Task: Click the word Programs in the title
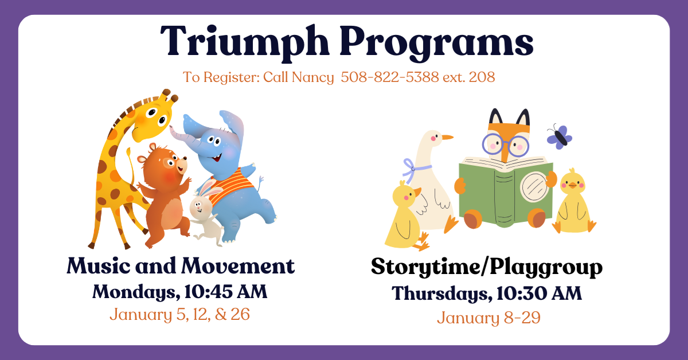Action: coord(436,43)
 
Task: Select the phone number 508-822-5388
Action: coord(390,77)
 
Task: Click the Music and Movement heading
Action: coord(181,265)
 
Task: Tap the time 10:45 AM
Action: coord(226,292)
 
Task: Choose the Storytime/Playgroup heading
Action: coord(487,267)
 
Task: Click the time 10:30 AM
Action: coord(539,293)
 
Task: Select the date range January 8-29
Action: coord(488,318)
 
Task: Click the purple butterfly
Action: coord(560,137)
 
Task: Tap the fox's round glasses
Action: coord(505,144)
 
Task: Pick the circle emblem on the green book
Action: coord(534,186)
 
